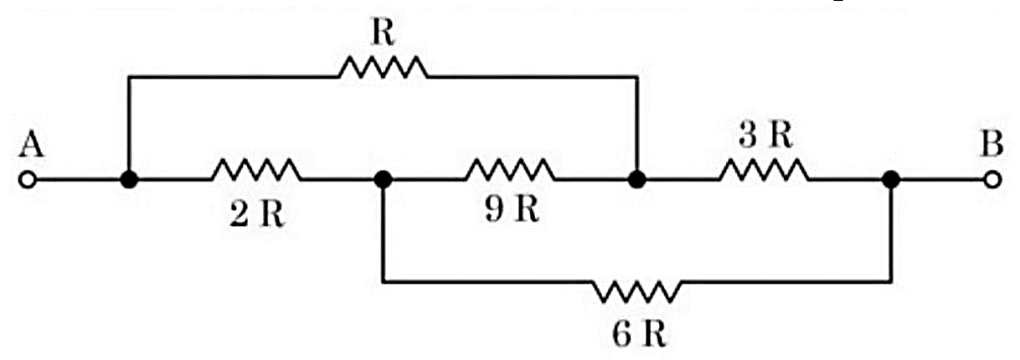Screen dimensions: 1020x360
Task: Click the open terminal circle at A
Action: click(x=28, y=180)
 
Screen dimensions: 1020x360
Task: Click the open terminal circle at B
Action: click(x=992, y=180)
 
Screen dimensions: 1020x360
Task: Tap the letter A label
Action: click(x=32, y=144)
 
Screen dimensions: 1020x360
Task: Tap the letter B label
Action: click(x=992, y=144)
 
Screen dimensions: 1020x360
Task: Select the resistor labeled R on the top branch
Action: click(x=384, y=68)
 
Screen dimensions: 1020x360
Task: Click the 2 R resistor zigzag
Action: click(x=256, y=170)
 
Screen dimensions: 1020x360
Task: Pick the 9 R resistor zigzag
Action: click(x=511, y=170)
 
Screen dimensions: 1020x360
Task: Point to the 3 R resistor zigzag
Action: click(x=765, y=170)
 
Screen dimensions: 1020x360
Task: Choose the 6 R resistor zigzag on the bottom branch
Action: click(x=637, y=291)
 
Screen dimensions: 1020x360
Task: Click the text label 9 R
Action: click(x=512, y=210)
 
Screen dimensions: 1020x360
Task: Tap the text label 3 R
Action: click(x=765, y=135)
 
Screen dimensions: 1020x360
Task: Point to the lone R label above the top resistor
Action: click(x=383, y=33)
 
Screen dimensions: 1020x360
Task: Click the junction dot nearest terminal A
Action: click(x=129, y=180)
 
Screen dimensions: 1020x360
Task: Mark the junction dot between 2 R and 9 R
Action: click(x=383, y=180)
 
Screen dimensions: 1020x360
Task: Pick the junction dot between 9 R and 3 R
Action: click(x=637, y=180)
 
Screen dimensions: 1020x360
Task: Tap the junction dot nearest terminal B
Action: click(x=891, y=180)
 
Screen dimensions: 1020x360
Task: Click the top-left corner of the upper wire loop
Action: click(x=129, y=77)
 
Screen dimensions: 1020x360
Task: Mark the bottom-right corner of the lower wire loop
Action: click(x=891, y=282)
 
